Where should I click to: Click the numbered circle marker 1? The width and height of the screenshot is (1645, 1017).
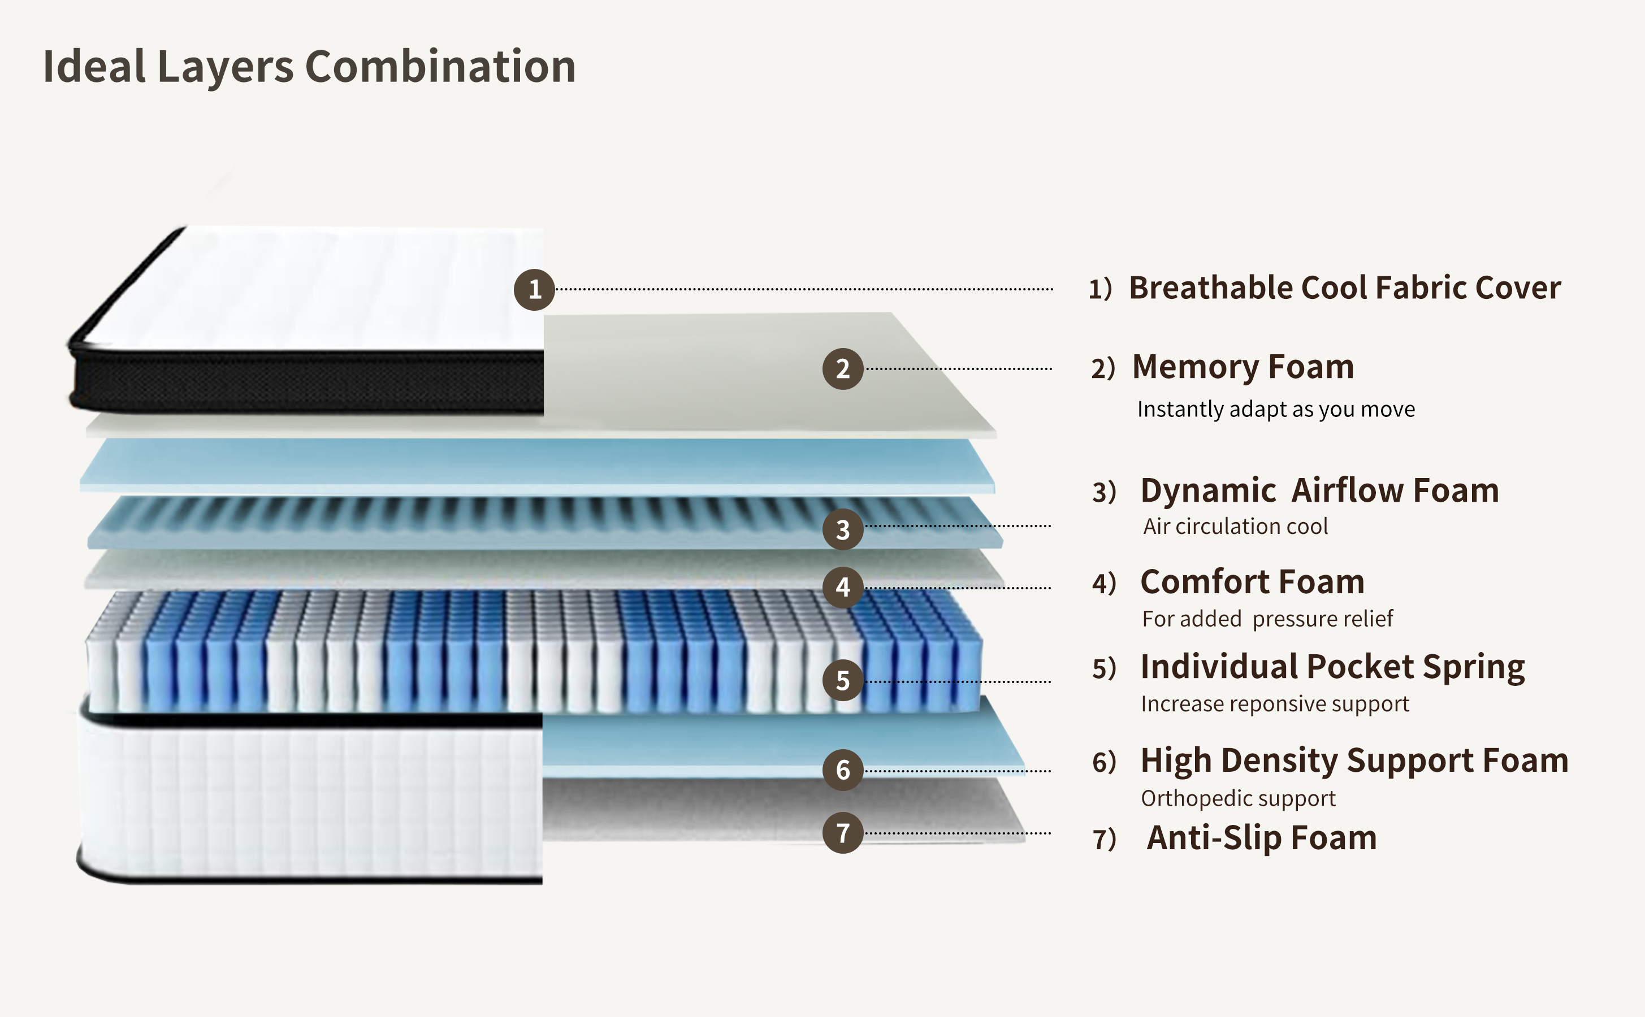534,290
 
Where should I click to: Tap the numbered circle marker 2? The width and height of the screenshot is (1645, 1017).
842,368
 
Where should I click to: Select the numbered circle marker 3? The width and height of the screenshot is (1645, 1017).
842,529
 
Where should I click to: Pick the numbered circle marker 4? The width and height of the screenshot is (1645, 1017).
842,587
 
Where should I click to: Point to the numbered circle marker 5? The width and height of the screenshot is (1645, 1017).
842,680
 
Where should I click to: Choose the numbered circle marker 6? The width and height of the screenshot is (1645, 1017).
842,770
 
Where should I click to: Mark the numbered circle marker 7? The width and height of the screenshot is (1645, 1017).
842,833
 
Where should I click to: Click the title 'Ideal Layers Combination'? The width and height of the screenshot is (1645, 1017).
309,67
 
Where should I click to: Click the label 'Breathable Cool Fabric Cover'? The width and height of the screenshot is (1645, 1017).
1344,288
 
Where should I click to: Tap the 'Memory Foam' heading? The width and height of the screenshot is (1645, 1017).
1243,367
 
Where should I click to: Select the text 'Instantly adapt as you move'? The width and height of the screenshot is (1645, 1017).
1276,409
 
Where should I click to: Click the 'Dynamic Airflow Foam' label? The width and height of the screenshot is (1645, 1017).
1319,490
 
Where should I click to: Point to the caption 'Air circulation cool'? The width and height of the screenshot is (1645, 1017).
1235,526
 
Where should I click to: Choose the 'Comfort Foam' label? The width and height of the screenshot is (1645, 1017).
1252,582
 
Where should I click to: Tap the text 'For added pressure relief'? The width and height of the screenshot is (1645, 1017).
1267,619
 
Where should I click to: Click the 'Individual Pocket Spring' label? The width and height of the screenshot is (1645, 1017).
1332,667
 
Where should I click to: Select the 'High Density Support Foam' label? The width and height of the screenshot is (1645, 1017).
1354,760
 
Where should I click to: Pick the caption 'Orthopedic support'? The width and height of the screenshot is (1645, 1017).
1238,798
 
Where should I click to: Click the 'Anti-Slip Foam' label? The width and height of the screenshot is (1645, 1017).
1262,838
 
